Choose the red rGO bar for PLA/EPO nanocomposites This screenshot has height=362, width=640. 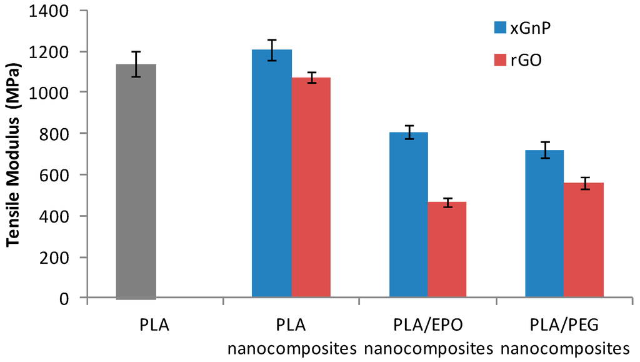point(447,250)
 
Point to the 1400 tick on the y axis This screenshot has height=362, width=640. point(56,11)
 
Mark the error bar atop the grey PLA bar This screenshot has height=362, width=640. point(136,64)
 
